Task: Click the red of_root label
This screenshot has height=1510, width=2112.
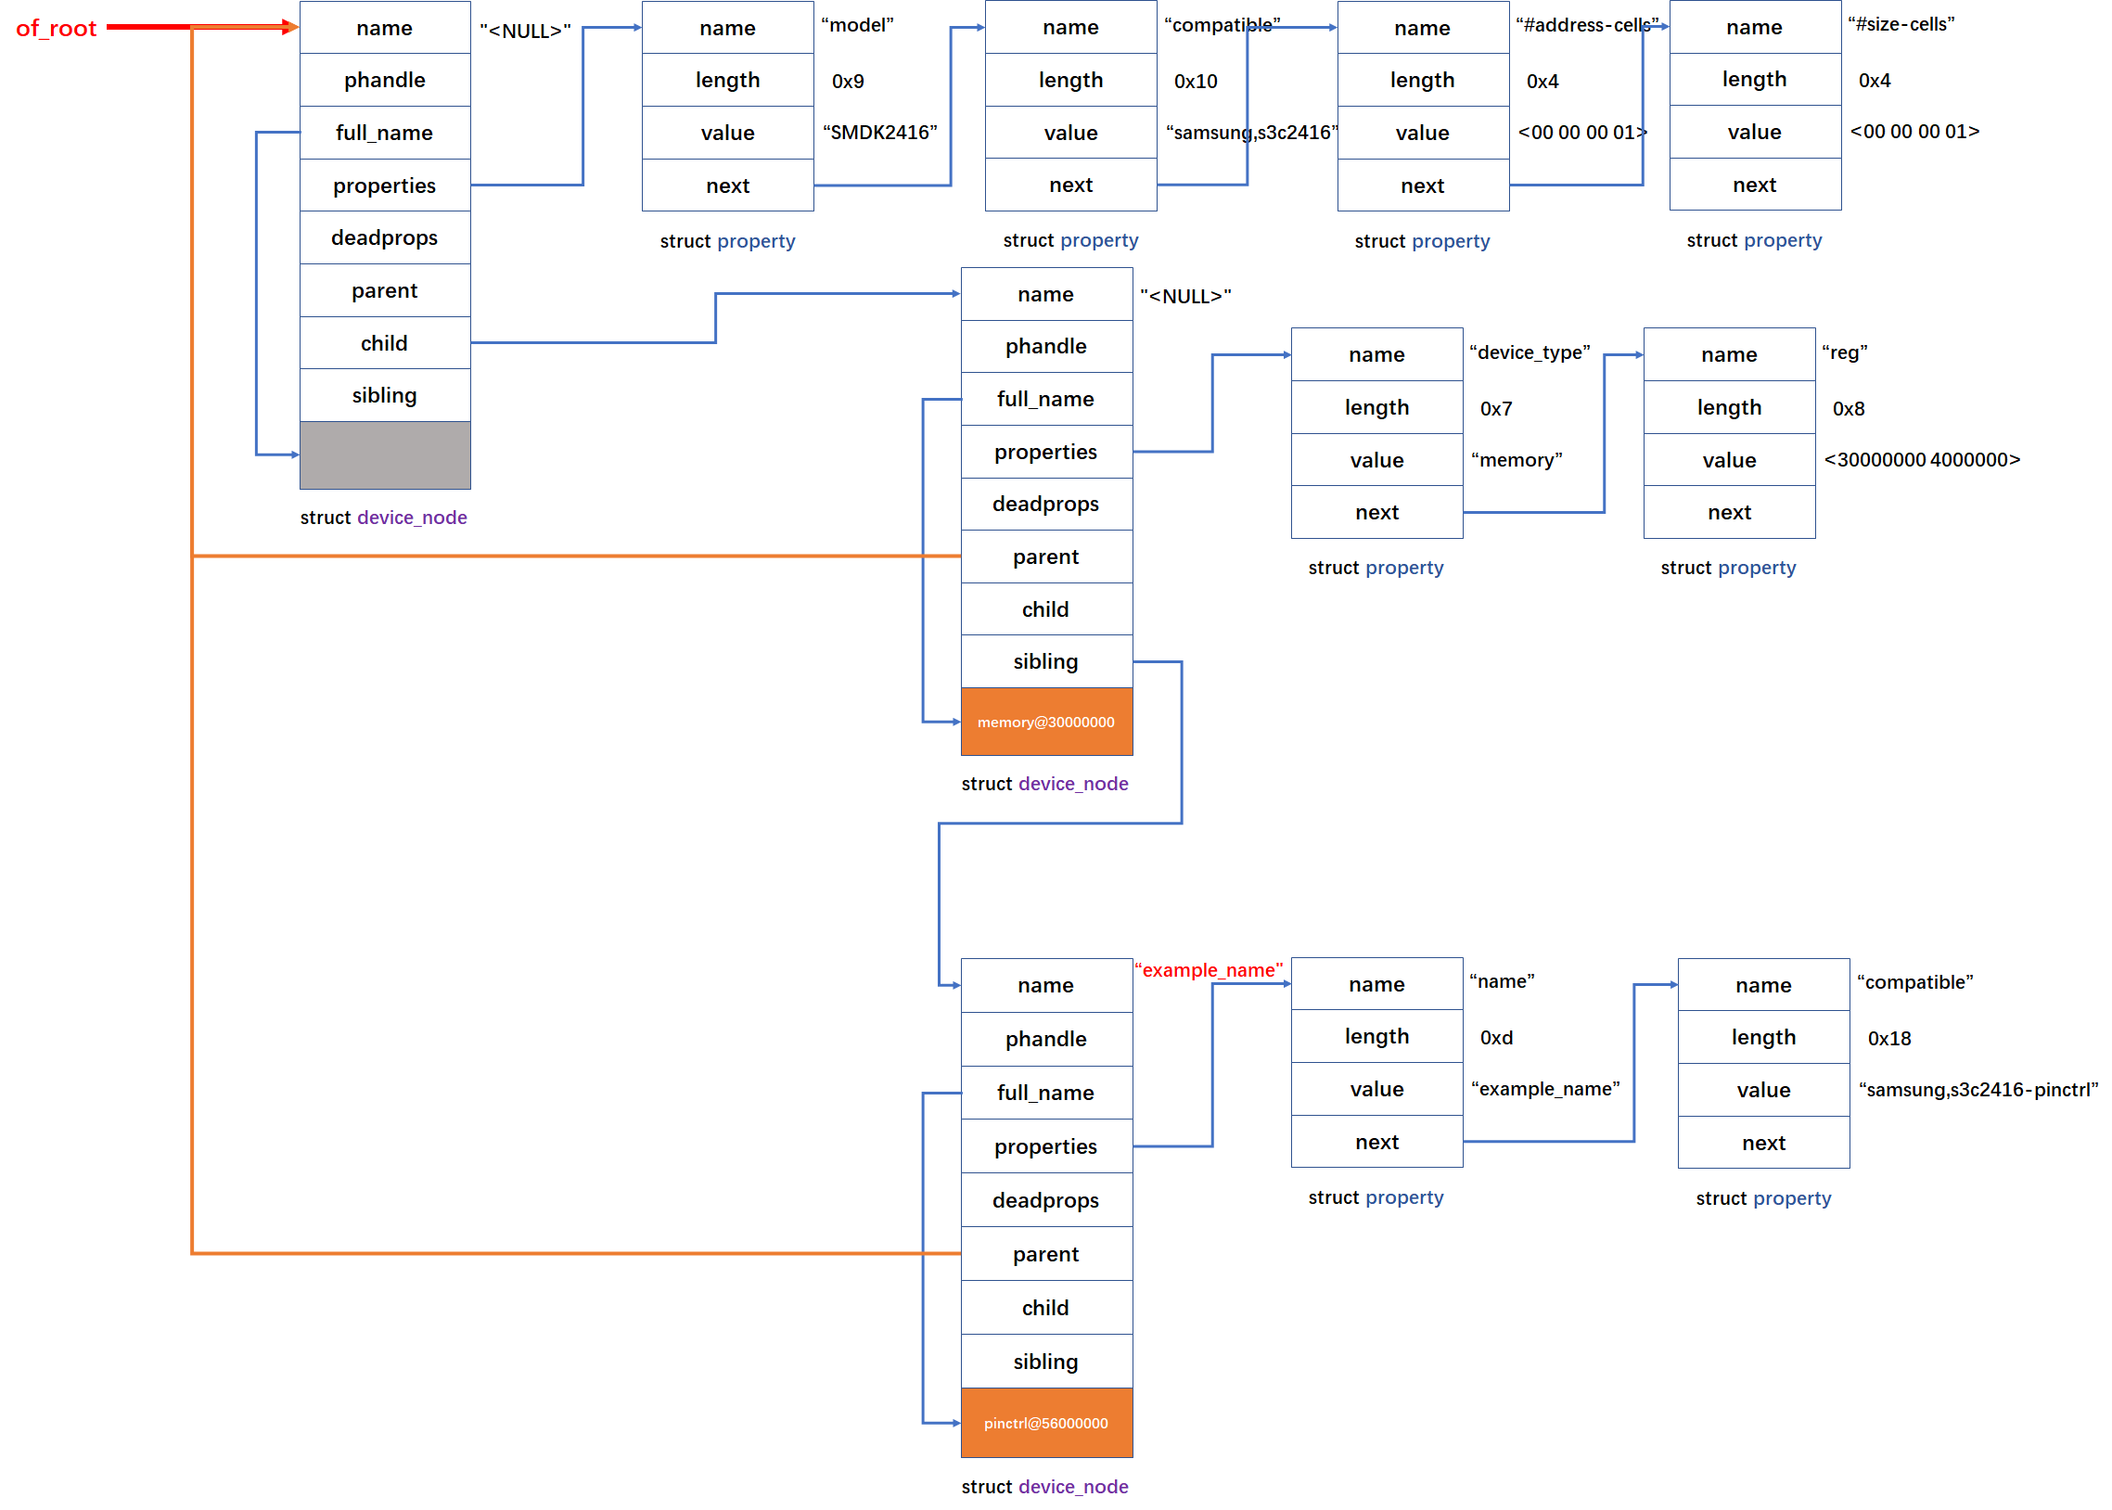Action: point(56,29)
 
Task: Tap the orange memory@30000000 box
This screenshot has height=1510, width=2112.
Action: point(1045,722)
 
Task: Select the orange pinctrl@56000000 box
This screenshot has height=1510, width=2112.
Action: point(1045,1423)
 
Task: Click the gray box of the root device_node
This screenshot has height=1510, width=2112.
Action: point(385,454)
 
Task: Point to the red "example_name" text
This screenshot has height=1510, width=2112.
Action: point(1208,970)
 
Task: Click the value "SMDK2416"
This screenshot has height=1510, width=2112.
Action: point(879,133)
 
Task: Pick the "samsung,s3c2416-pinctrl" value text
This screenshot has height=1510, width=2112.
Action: point(1978,1090)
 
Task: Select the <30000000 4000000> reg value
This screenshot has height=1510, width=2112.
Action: point(1922,460)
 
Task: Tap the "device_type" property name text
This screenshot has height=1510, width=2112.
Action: point(1530,353)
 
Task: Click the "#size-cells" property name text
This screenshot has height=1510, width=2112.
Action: point(1901,25)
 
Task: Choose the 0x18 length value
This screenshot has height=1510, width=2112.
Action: point(1888,1039)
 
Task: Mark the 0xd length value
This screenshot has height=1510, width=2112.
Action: point(1496,1038)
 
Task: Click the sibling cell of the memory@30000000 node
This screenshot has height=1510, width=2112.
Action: point(1045,661)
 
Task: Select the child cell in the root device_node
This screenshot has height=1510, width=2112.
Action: point(385,343)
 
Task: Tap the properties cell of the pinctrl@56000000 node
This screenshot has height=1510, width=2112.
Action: point(1045,1146)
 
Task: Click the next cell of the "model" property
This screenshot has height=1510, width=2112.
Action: point(727,186)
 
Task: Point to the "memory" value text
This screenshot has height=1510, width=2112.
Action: point(1517,460)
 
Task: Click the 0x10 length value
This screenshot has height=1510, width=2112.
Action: point(1196,82)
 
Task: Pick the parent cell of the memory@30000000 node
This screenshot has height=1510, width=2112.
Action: point(1045,557)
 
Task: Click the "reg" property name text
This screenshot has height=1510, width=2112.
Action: point(1844,353)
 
